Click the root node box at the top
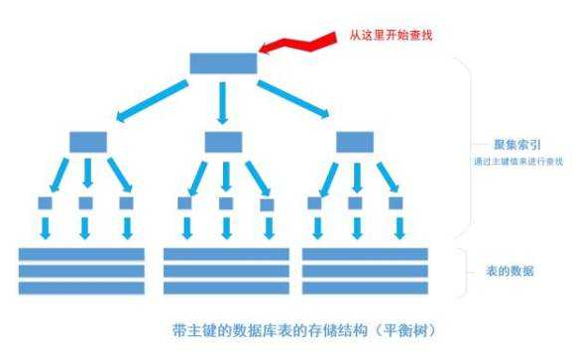click(223, 63)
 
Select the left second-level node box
click(87, 141)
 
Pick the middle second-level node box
click(223, 141)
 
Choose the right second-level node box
click(354, 141)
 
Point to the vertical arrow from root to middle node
click(223, 102)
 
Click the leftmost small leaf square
click(46, 203)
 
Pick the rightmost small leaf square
click(396, 203)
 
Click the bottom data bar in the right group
click(364, 288)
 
